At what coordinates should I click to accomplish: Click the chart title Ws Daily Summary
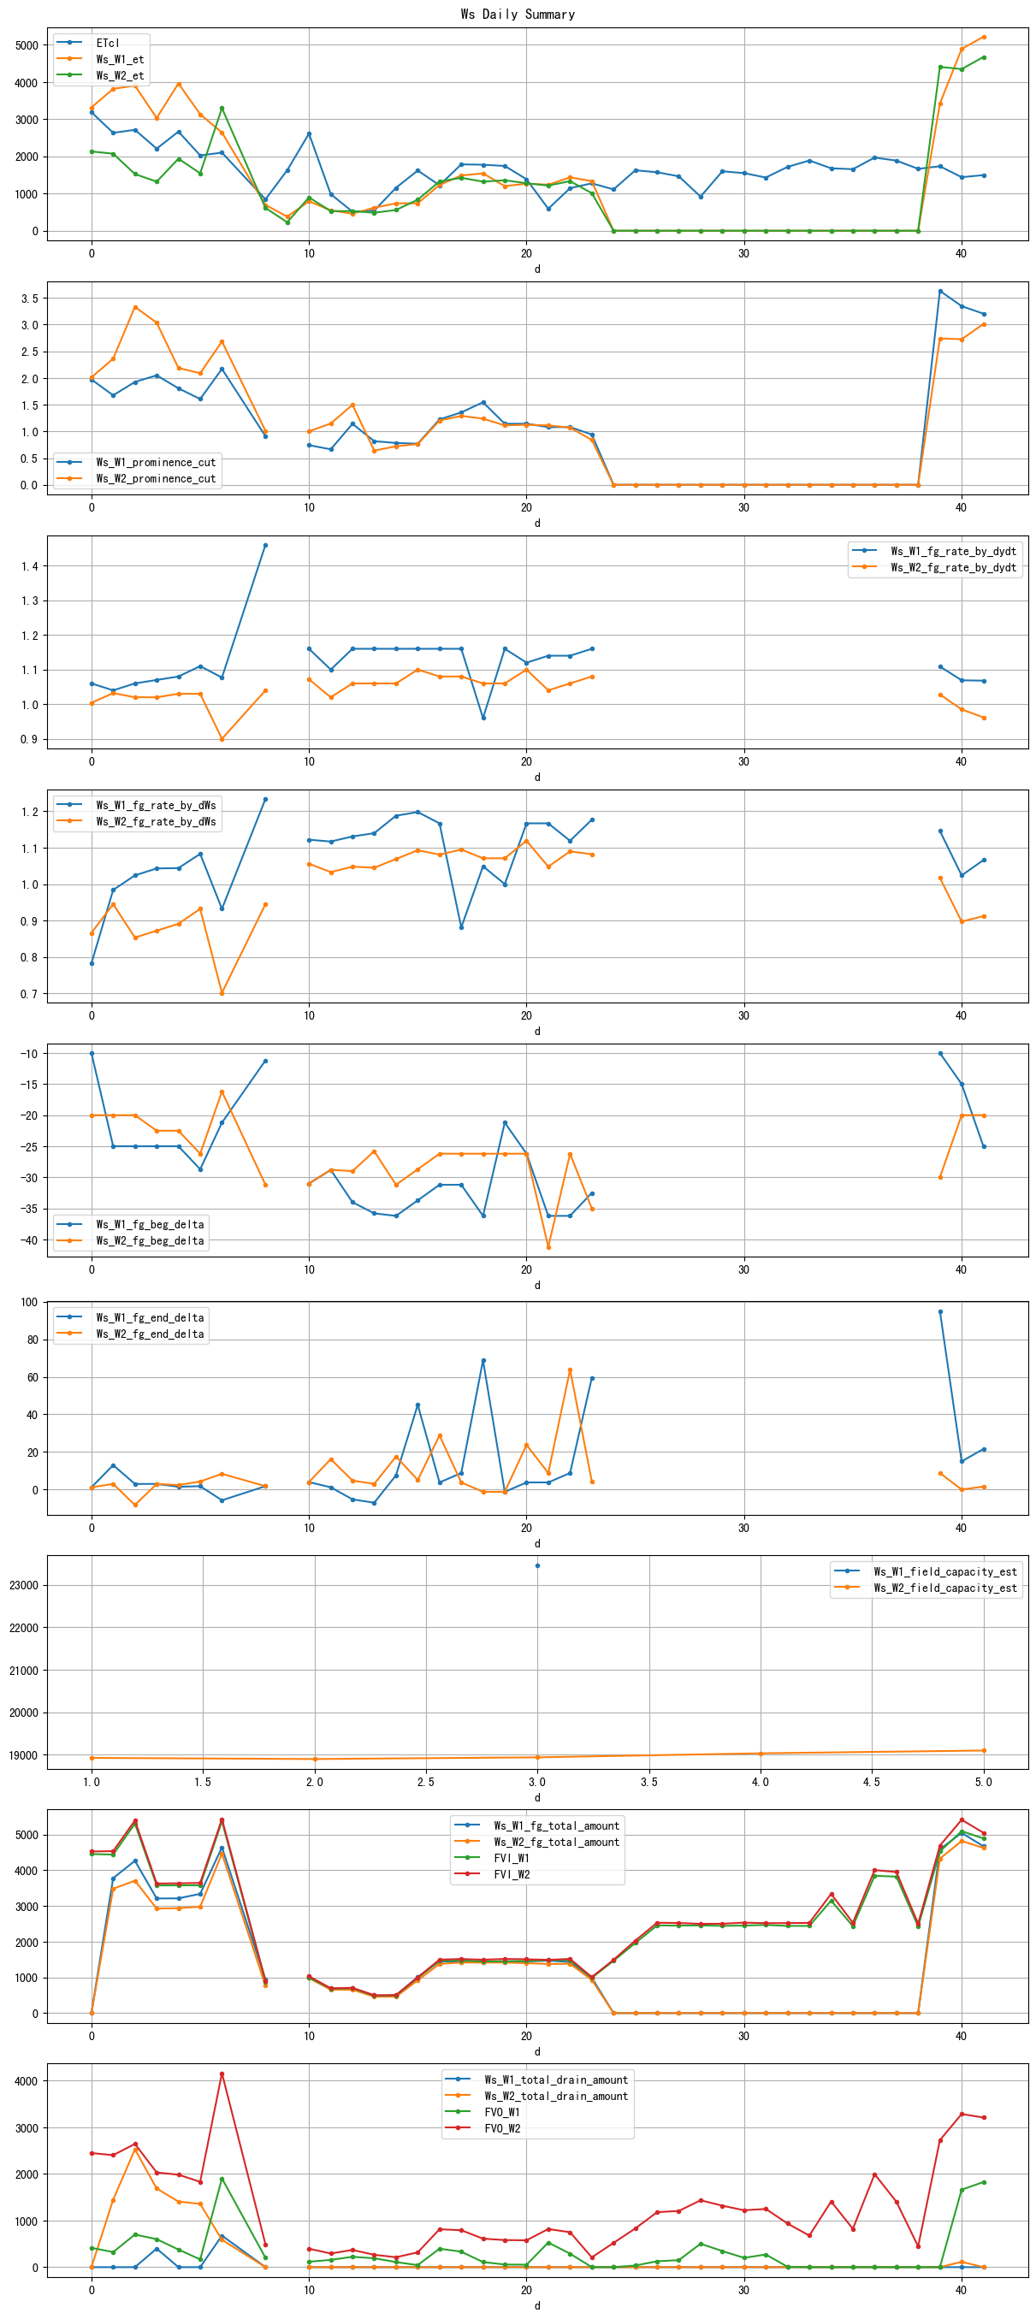[518, 14]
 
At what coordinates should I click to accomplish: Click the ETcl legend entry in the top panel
[107, 42]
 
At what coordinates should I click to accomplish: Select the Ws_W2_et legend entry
[119, 74]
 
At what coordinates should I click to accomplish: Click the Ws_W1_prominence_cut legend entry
[155, 462]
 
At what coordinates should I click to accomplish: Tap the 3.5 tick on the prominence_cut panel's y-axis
[30, 298]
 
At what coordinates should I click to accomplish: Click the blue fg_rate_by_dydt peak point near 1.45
[264, 545]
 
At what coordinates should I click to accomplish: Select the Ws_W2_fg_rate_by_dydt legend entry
[952, 567]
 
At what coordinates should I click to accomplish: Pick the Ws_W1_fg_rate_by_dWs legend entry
[155, 805]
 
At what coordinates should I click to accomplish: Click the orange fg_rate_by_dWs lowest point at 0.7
[222, 993]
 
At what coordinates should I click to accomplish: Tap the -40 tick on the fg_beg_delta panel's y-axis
[27, 1239]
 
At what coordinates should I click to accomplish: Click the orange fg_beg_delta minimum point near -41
[548, 1247]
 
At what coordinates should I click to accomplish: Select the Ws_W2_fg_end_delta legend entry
[150, 1334]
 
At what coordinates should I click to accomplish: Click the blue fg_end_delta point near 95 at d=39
[940, 1310]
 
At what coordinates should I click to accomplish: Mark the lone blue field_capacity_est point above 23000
[537, 1565]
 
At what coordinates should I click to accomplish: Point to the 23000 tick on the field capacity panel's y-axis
[23, 1584]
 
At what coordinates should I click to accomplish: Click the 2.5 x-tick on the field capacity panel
[426, 1782]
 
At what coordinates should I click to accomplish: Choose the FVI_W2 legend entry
[512, 1873]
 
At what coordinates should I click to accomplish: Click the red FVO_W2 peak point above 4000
[222, 2073]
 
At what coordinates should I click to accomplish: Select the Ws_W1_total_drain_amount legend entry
[555, 2079]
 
